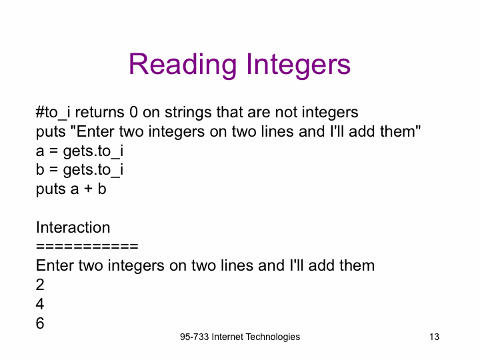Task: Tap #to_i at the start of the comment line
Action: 53,113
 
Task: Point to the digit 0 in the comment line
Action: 133,112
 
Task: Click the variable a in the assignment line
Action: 40,151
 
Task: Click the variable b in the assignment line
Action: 40,169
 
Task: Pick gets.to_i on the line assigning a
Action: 93,151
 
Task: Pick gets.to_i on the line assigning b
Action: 93,170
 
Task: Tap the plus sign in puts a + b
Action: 88,189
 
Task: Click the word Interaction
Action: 73,227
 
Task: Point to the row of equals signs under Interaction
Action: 87,246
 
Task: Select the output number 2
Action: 40,285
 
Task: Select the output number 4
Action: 40,304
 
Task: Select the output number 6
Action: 40,323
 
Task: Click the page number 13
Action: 434,337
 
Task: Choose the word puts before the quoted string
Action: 51,132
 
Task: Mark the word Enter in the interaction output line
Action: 55,265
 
